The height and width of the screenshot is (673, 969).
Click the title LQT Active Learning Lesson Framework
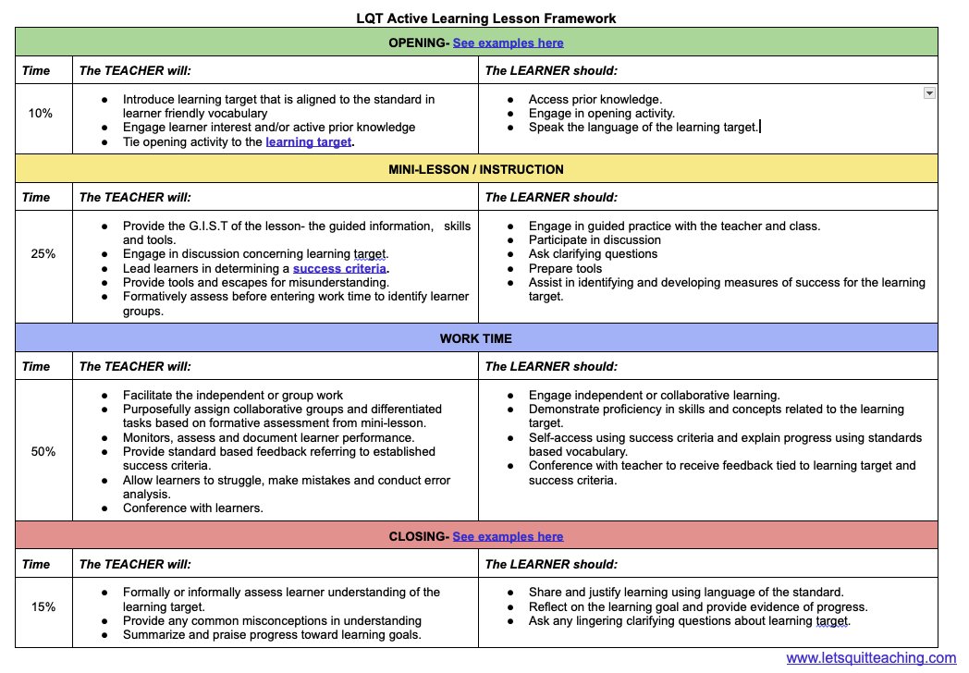(x=485, y=18)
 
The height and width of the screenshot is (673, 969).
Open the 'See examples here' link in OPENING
(x=508, y=43)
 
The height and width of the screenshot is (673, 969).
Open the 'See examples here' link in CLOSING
(x=508, y=536)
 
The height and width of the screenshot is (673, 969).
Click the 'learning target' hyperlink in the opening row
(x=308, y=142)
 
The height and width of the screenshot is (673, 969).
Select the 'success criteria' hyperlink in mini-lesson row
(x=339, y=268)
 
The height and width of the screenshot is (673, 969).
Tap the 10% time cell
(x=41, y=113)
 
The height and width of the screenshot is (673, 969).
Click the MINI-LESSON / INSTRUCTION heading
(x=476, y=169)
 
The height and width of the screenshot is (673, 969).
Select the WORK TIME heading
(x=476, y=338)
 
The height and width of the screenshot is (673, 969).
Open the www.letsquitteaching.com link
(x=871, y=658)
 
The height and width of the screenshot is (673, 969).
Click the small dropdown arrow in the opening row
(x=929, y=93)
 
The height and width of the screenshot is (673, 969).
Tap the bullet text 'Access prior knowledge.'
(x=595, y=99)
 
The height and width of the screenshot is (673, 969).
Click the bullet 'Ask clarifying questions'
(x=593, y=254)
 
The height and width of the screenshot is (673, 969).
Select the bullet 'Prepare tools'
(x=565, y=268)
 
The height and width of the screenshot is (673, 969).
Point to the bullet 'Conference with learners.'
(x=192, y=508)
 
